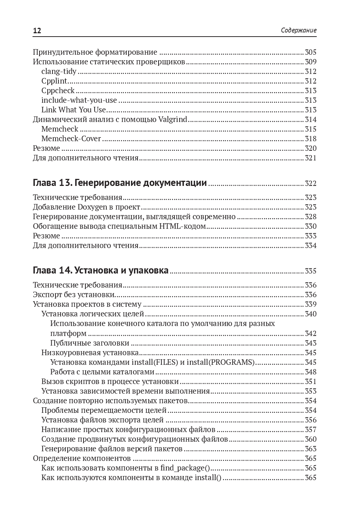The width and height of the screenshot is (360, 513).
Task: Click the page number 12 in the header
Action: click(37, 31)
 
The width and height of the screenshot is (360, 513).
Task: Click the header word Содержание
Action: click(298, 30)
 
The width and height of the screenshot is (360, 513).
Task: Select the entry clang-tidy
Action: click(59, 71)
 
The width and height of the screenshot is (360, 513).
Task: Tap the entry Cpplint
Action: click(54, 81)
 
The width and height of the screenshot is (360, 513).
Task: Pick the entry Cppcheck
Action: click(58, 91)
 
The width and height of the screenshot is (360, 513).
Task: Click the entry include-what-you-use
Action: click(79, 100)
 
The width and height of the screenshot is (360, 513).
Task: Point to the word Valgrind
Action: click(173, 119)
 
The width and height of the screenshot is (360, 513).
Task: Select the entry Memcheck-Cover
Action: click(71, 139)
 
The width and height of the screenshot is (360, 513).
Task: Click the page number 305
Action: click(310, 52)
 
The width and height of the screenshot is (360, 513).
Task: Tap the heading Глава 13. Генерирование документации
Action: click(120, 183)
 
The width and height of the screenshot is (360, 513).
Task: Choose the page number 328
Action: click(310, 217)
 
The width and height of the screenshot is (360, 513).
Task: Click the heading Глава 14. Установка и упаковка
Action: click(101, 271)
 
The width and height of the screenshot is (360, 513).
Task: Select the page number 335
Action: click(310, 271)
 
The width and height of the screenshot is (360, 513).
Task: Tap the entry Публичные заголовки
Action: click(89, 343)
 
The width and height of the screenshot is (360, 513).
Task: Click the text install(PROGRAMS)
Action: click(221, 362)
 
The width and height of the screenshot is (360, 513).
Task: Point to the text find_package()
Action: click(185, 468)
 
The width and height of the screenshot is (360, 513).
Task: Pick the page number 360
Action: click(310, 439)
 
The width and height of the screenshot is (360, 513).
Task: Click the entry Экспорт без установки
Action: click(74, 295)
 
